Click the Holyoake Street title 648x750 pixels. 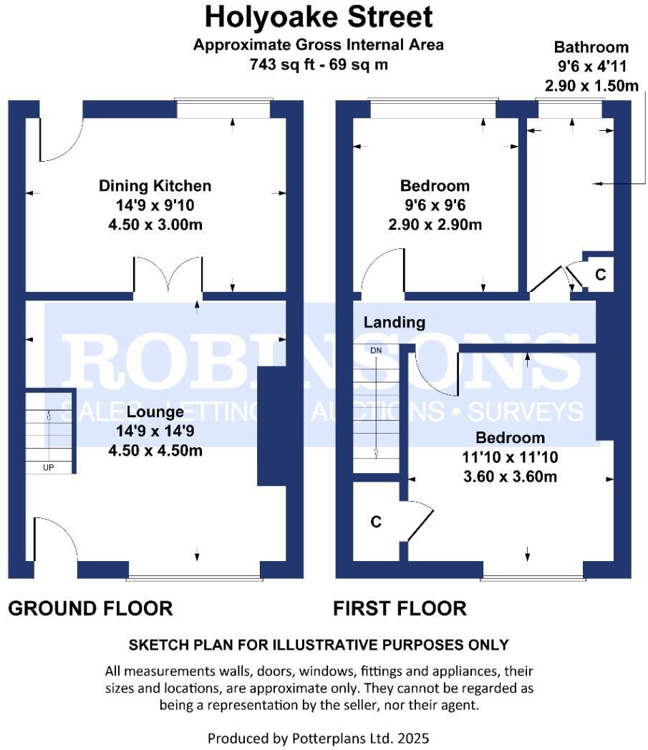[x=319, y=16]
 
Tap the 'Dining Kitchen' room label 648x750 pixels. [x=155, y=186]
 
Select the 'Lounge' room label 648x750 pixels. [x=155, y=412]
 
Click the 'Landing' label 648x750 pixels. [x=395, y=323]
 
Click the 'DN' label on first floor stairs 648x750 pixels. [x=376, y=351]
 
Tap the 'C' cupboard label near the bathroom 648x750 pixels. [x=601, y=275]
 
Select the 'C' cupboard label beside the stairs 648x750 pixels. [x=375, y=522]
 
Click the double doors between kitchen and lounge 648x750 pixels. [x=168, y=276]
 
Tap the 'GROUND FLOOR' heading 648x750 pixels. [x=90, y=609]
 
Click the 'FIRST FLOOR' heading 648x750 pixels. [x=400, y=609]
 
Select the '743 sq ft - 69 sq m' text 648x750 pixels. [x=319, y=64]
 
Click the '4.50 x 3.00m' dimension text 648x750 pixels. [x=155, y=224]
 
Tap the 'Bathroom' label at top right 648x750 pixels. [x=591, y=48]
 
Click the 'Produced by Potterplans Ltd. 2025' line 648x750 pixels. [x=319, y=737]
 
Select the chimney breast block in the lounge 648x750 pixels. [x=271, y=427]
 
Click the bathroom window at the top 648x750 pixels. [x=570, y=109]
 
